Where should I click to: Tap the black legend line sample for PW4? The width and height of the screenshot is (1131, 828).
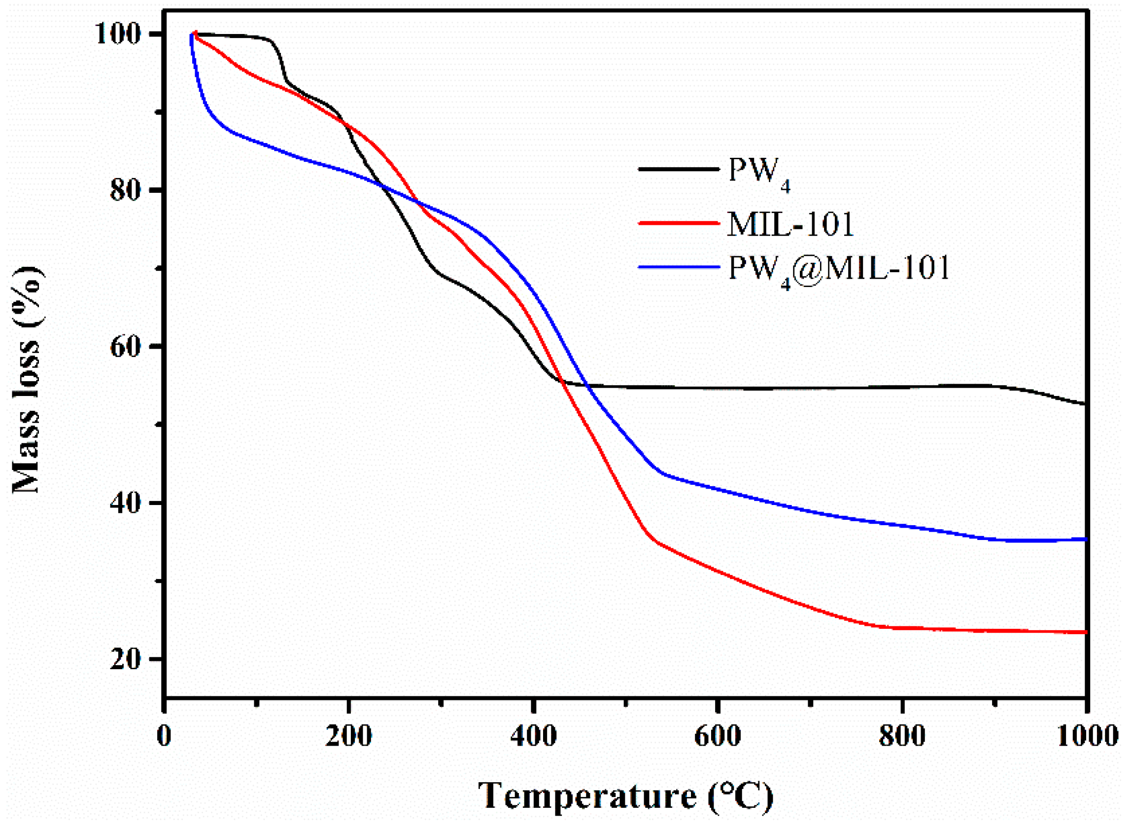[x=679, y=170]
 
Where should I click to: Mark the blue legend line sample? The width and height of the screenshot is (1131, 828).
[x=679, y=267]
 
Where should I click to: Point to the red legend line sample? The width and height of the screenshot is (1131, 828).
[x=679, y=222]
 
